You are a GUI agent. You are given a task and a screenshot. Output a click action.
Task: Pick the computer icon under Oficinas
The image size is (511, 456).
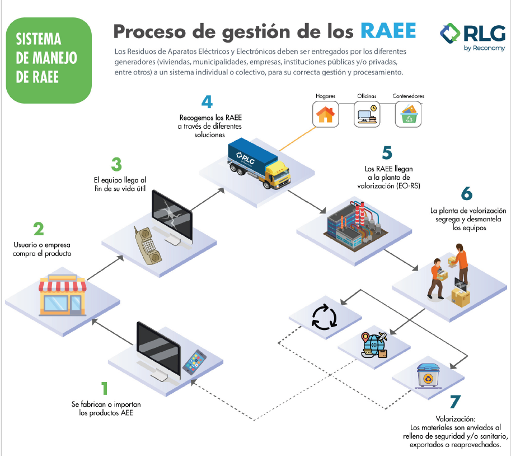(x=367, y=115)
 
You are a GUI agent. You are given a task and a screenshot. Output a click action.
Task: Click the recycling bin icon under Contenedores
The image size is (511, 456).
(x=408, y=115)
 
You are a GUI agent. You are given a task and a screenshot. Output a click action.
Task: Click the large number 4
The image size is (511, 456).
(x=208, y=103)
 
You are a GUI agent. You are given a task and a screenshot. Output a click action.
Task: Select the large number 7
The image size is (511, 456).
(x=455, y=402)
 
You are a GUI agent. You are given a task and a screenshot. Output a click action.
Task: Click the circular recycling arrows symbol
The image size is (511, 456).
(x=324, y=317)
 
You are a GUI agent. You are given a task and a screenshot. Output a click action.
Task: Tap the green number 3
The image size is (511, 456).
(x=116, y=164)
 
